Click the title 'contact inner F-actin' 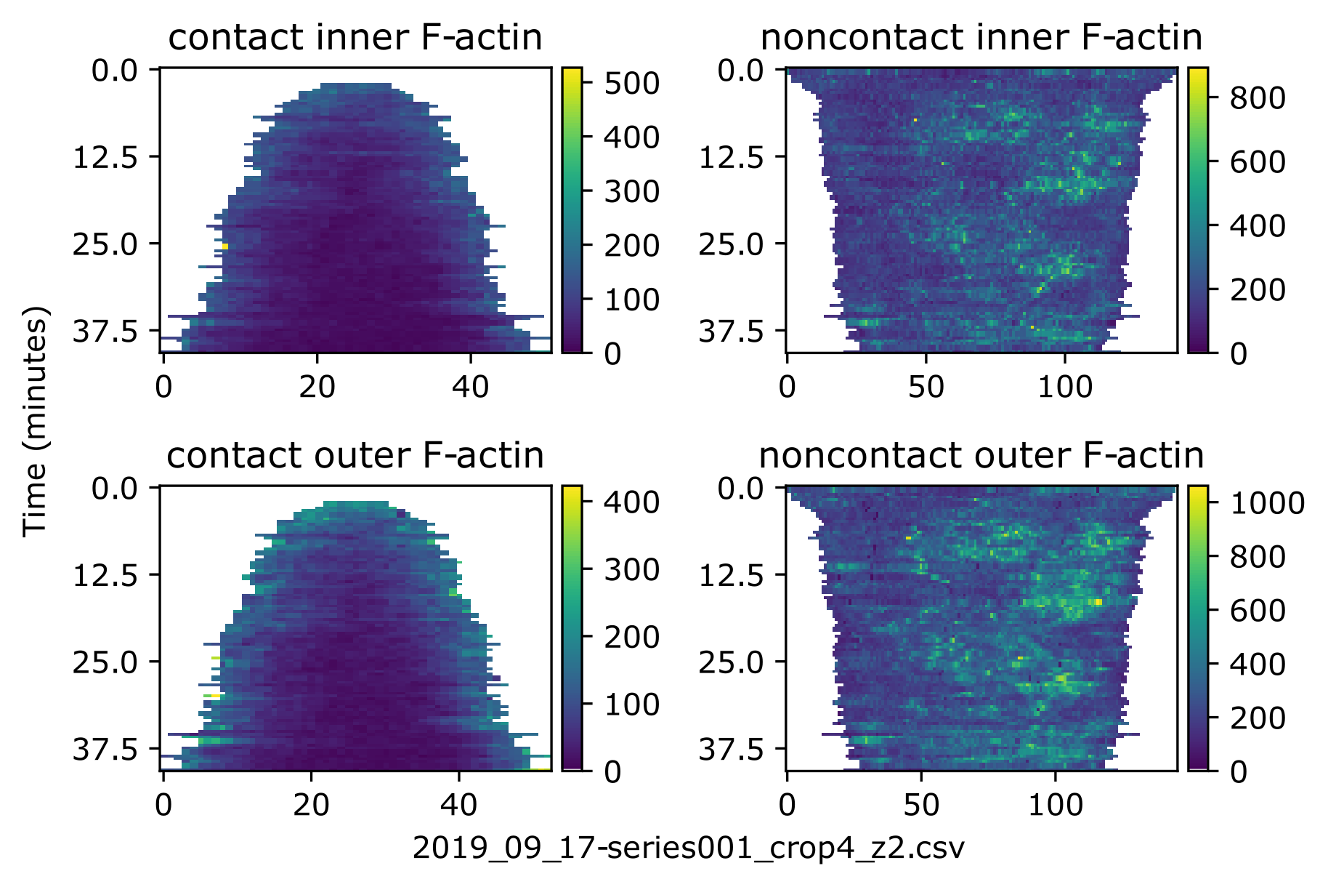click(x=355, y=38)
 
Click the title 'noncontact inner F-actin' click(x=981, y=38)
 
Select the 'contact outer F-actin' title click(x=355, y=456)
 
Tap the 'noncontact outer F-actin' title click(x=981, y=456)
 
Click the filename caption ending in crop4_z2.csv click(x=688, y=848)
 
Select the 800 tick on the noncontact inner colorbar click(x=1258, y=97)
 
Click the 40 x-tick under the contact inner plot click(x=470, y=386)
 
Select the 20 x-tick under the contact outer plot click(x=311, y=804)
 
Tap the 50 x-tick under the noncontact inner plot click(x=926, y=386)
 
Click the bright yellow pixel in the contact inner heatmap click(x=225, y=247)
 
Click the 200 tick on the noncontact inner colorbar click(x=1258, y=289)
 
